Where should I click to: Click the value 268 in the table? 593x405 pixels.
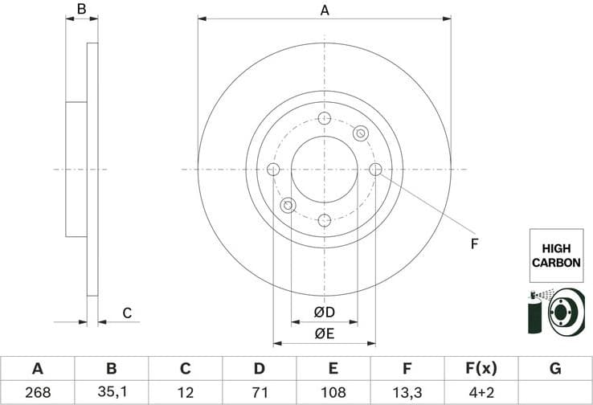coord(37,393)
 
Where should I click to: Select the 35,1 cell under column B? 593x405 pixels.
coord(111,393)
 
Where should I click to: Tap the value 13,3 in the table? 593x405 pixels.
coord(407,393)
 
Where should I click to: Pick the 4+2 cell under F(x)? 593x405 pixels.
coord(481,393)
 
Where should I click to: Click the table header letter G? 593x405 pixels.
coord(555,369)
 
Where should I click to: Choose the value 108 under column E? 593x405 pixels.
coord(333,393)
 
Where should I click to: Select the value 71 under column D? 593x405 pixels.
coord(259,393)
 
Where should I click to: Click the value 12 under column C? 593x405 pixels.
coord(185,393)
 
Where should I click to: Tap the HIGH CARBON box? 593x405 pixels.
coord(556,255)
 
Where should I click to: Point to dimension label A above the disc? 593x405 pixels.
coord(325,10)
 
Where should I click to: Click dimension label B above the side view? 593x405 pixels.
coord(81,10)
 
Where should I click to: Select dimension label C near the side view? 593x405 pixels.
coord(126,313)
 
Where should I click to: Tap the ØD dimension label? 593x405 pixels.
coord(324,312)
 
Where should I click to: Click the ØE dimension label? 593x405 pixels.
coord(324,333)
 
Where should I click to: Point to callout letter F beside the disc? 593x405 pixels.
coord(474,243)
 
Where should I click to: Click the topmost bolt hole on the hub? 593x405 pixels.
coord(325,119)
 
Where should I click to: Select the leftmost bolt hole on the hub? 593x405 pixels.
coord(272,170)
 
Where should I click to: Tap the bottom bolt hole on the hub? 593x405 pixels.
coord(325,220)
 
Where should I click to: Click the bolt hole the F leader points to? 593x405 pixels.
coord(376,169)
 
